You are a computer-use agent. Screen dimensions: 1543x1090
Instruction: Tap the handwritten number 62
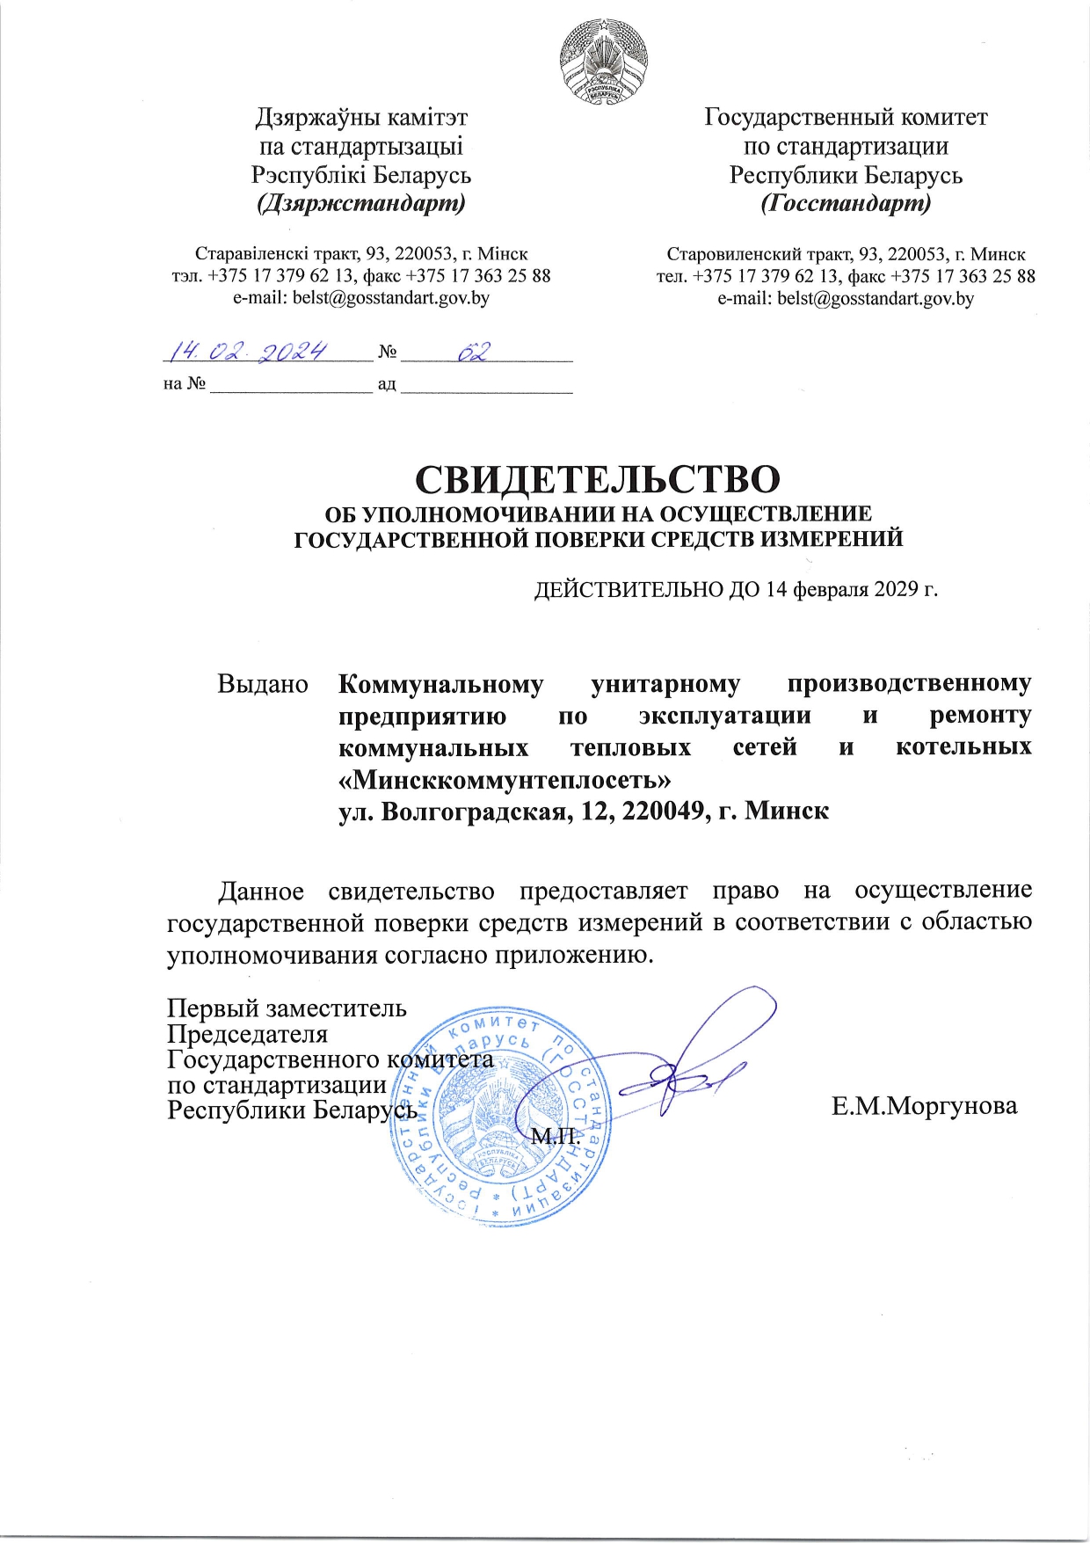[473, 352]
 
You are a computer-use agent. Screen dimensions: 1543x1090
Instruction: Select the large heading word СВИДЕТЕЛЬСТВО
[597, 479]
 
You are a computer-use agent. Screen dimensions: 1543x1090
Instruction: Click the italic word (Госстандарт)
[845, 204]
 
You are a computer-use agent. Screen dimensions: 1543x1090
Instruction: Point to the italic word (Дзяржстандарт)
[360, 204]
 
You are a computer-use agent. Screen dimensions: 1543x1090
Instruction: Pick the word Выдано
[263, 684]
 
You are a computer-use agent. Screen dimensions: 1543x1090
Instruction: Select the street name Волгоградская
[469, 811]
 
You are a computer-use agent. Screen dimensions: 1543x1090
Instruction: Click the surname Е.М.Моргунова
[924, 1106]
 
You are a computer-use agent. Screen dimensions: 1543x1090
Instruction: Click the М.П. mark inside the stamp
[556, 1136]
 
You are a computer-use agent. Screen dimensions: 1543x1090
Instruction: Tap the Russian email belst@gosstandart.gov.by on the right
[845, 299]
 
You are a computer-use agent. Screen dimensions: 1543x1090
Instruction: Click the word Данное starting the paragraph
[261, 891]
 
